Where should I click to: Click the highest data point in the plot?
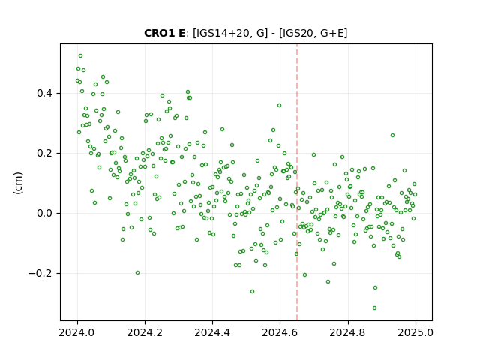(80, 56)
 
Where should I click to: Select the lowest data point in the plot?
(374, 307)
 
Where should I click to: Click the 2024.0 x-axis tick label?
(77, 332)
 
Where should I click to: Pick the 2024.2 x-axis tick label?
(145, 332)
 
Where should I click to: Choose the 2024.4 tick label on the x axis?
(212, 332)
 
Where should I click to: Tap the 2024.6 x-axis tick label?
(280, 332)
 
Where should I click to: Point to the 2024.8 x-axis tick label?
(347, 332)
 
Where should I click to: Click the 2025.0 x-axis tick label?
(415, 332)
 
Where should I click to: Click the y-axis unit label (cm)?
(18, 183)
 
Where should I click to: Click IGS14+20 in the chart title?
(221, 33)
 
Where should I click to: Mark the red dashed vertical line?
(297, 182)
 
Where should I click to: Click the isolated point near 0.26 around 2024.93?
(392, 135)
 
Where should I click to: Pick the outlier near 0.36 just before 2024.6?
(279, 105)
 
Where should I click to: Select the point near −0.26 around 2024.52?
(252, 292)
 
